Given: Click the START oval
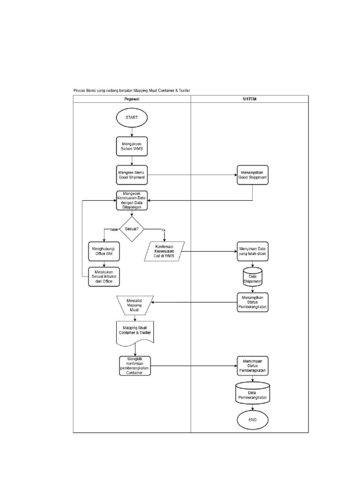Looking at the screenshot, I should pyautogui.click(x=132, y=118).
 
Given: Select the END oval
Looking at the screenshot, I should pyautogui.click(x=253, y=420).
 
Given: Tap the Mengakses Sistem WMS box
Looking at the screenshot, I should pyautogui.click(x=132, y=146).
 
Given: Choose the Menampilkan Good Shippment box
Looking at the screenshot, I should pyautogui.click(x=253, y=175).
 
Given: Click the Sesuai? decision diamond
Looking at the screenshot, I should pyautogui.click(x=132, y=229).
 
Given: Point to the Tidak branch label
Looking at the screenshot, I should pyautogui.click(x=113, y=230).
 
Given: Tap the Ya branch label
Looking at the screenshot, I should pyautogui.click(x=163, y=230).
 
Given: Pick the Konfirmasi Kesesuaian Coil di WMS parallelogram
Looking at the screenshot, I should pyautogui.click(x=164, y=252).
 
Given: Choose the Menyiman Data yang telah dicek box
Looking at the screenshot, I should pyautogui.click(x=253, y=251).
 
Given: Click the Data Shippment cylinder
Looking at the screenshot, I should pyautogui.click(x=253, y=277).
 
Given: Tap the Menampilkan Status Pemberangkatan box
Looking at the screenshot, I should pyautogui.click(x=253, y=302).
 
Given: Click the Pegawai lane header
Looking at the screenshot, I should pyautogui.click(x=132, y=99).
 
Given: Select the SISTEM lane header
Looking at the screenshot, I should pyautogui.click(x=250, y=99).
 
